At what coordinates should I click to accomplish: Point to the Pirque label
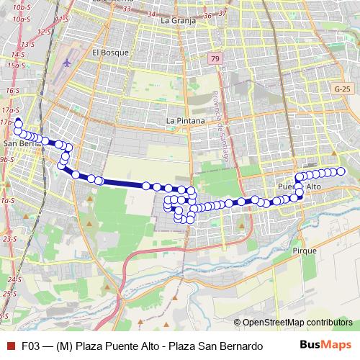click(x=305, y=250)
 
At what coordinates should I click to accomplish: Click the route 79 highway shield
click(x=215, y=58)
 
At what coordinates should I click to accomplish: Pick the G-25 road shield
click(x=343, y=88)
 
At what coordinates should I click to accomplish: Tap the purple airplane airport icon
click(x=68, y=62)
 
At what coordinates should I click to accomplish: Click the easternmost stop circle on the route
click(x=342, y=171)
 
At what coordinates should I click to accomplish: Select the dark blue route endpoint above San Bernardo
click(x=17, y=122)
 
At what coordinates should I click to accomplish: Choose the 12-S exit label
click(x=45, y=32)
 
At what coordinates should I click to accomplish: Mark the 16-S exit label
click(x=12, y=91)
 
